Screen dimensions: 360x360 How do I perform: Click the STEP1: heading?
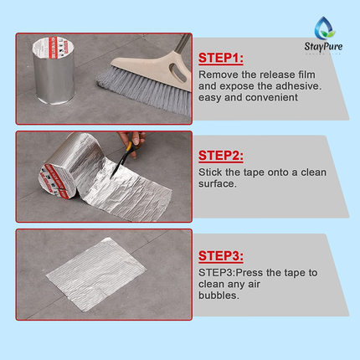[221, 59]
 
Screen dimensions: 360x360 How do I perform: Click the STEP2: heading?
[221, 155]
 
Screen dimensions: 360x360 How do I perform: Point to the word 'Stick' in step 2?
[211, 173]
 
